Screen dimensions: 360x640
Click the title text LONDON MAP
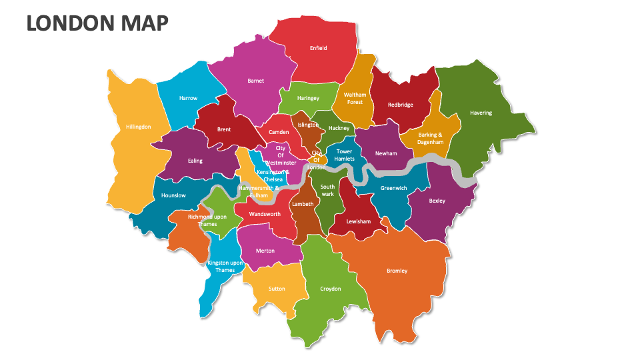pos(97,23)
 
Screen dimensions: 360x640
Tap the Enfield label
pos(319,48)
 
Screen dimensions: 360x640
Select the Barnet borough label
pos(255,81)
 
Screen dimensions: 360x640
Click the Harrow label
pos(188,98)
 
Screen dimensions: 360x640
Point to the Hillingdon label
pos(138,127)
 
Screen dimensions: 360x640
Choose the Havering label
pos(481,113)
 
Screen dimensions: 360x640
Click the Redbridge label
pos(400,105)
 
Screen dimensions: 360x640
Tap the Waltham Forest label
pos(355,99)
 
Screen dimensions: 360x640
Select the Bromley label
pos(397,271)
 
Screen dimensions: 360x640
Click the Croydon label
pos(331,289)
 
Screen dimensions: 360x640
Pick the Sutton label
pos(277,289)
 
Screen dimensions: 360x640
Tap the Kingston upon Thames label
pos(225,267)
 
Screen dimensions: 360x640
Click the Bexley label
pos(437,201)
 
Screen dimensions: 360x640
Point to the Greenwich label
pos(393,188)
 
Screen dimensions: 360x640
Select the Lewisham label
pos(358,221)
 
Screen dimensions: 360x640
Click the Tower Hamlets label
pos(345,155)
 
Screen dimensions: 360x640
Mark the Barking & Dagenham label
pos(431,138)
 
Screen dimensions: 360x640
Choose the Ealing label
pos(195,161)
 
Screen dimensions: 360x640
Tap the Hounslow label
pos(173,195)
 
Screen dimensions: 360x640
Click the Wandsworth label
pos(265,214)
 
